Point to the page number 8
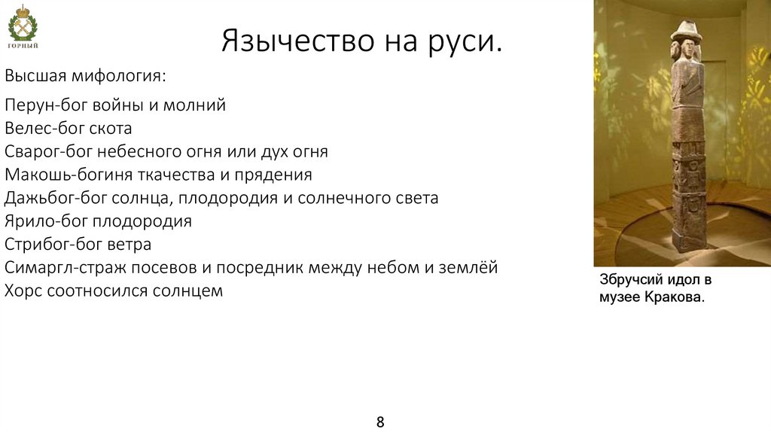380,421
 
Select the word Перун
28,105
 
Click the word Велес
26,129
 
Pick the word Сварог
32,152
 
